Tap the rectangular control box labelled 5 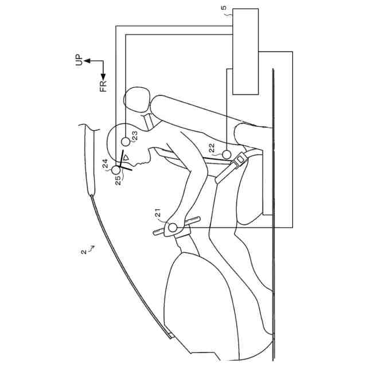pos(245,52)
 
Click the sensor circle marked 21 pos(173,228)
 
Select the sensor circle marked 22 pos(227,154)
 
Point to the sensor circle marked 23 pos(126,141)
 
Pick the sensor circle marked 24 pos(117,170)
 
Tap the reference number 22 pos(213,147)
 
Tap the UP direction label pos(79,61)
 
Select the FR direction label pos(103,86)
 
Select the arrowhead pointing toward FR pos(103,77)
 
